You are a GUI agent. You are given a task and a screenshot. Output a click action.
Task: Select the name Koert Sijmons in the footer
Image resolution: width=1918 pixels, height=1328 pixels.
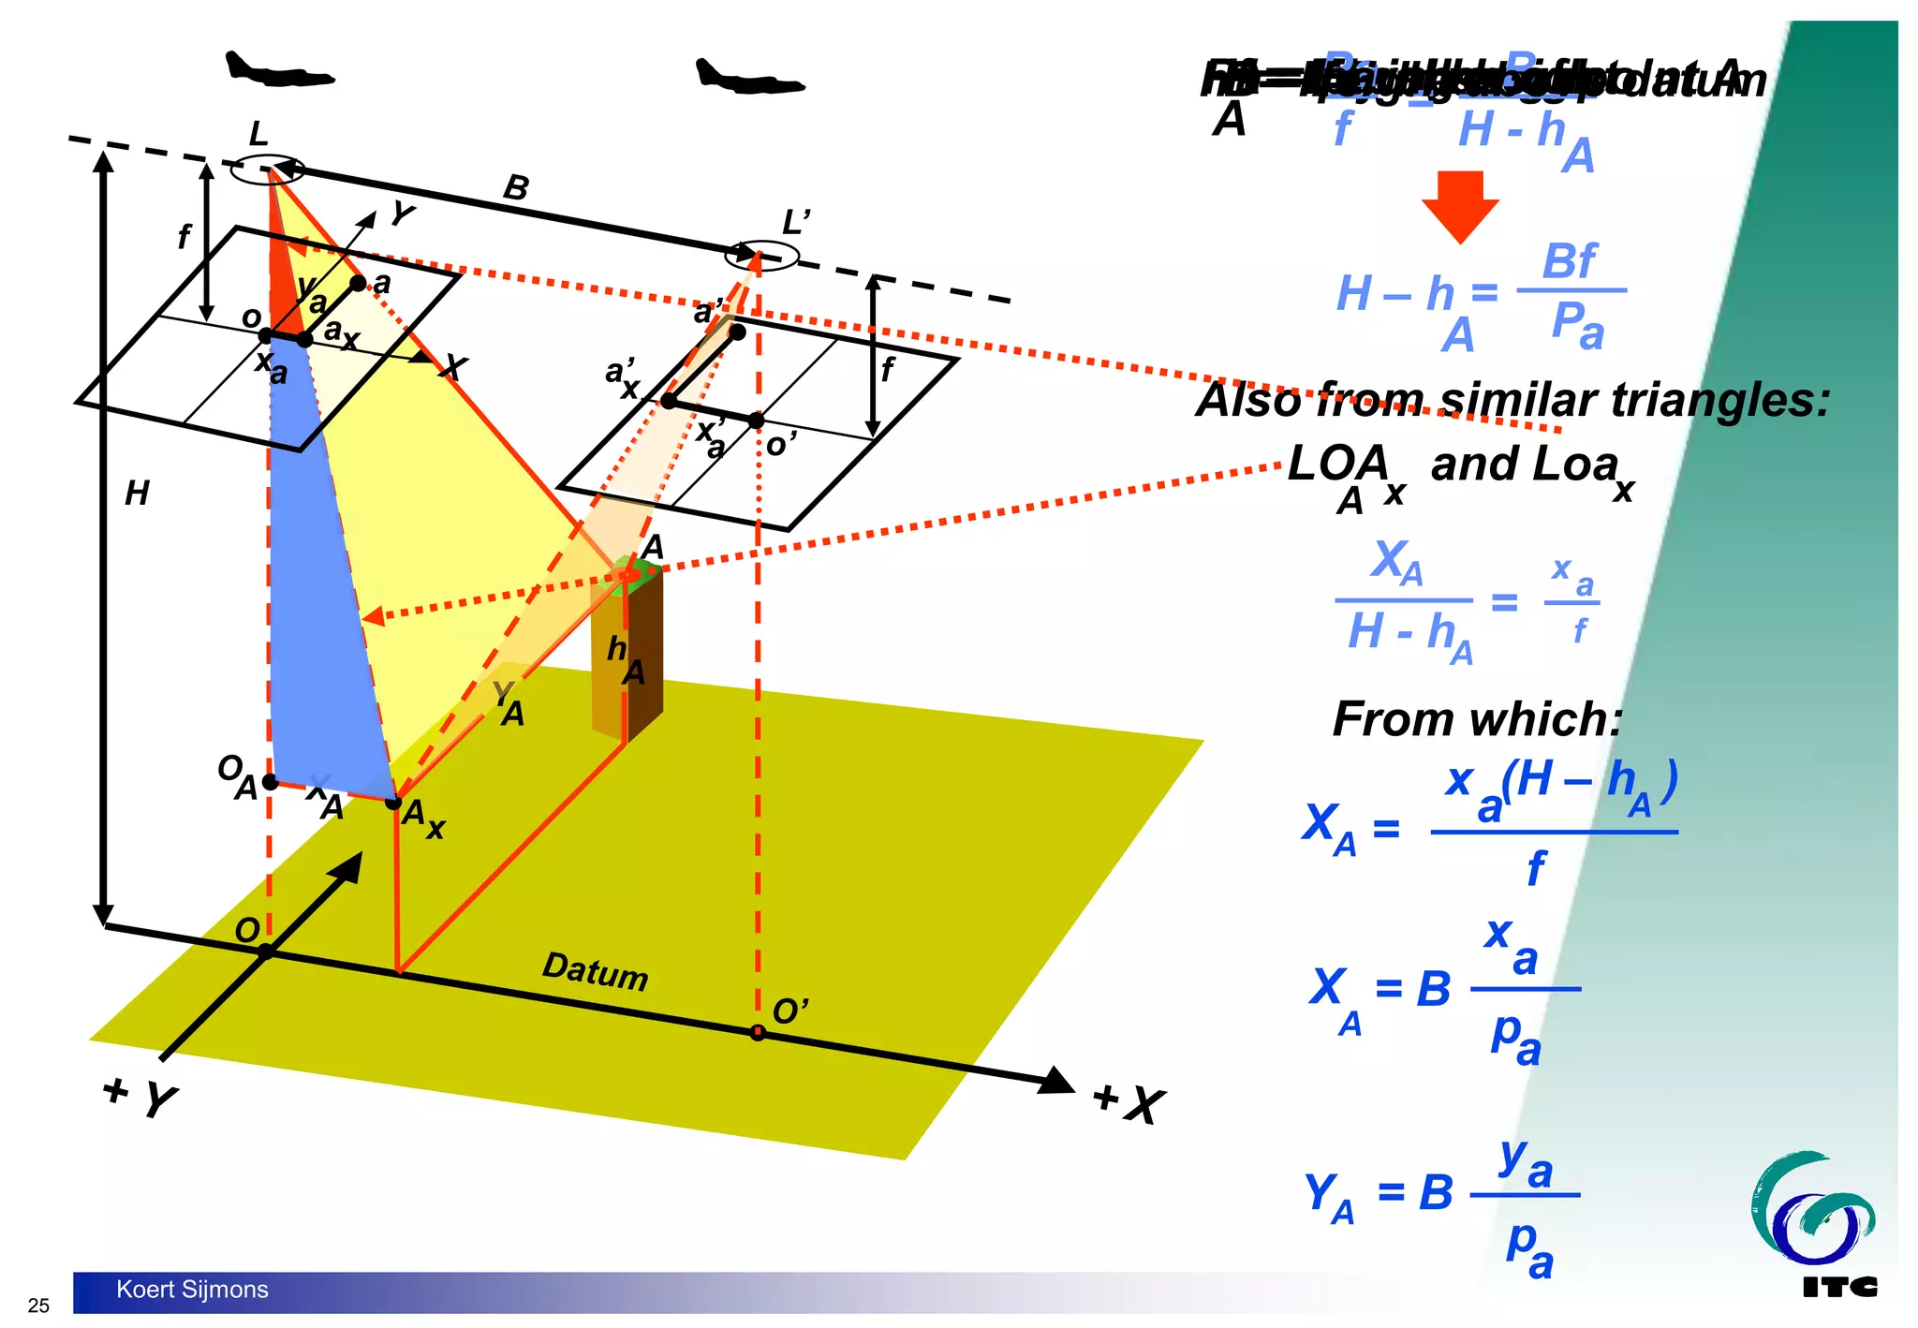pyautogui.click(x=192, y=1290)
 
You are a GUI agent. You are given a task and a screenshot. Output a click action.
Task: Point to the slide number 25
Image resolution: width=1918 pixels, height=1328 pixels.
pyautogui.click(x=38, y=1306)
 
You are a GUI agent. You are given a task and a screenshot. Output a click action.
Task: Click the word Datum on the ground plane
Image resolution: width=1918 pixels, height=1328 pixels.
pyautogui.click(x=595, y=970)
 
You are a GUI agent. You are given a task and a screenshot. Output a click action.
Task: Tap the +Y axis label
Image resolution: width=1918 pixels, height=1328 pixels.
pyautogui.click(x=140, y=1097)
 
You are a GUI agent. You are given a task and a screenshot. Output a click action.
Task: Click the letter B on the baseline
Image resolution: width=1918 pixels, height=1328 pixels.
pyautogui.click(x=516, y=188)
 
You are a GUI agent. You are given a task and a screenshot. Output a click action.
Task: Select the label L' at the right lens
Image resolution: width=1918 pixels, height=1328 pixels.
pyautogui.click(x=795, y=223)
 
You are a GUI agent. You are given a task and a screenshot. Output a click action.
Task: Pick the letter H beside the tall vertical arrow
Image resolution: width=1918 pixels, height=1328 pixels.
pyautogui.click(x=137, y=493)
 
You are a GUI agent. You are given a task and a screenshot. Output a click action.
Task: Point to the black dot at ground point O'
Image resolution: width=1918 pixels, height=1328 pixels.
pyautogui.click(x=758, y=1033)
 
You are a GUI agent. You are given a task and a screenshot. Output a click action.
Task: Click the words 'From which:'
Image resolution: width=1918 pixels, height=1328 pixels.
pyautogui.click(x=1476, y=719)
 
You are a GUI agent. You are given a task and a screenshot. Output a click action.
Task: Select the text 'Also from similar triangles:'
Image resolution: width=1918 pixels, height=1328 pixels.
pyautogui.click(x=1512, y=400)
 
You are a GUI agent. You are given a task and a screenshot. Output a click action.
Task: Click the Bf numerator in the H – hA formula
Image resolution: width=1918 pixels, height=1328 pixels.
pyautogui.click(x=1569, y=261)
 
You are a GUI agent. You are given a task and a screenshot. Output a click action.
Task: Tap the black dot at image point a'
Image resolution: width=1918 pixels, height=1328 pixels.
pyautogui.click(x=738, y=332)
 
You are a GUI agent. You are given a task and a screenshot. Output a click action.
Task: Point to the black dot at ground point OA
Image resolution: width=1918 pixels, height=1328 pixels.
pyautogui.click(x=270, y=781)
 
